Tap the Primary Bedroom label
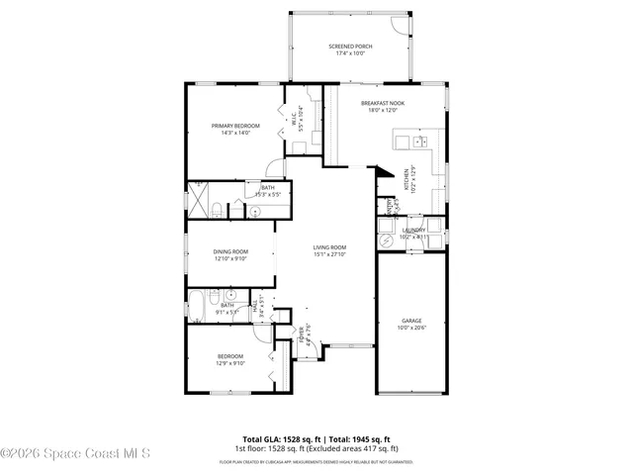pos(235,126)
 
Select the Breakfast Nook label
pos(382,103)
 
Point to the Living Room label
pos(330,247)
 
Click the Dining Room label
pos(230,251)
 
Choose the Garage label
pos(410,321)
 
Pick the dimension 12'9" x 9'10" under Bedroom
pos(229,363)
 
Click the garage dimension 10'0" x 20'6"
pos(410,328)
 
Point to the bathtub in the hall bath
pos(197,306)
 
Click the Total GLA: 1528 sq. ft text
pos(280,437)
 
